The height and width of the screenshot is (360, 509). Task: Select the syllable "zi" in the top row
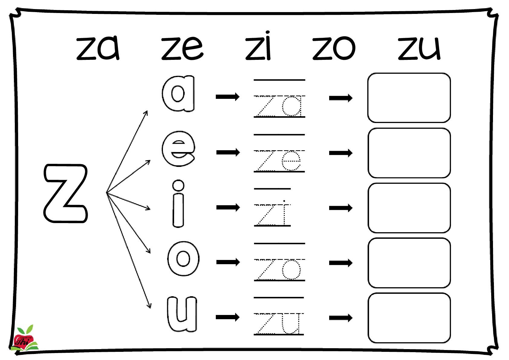(x=258, y=46)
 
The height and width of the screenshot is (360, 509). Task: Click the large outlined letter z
(x=66, y=193)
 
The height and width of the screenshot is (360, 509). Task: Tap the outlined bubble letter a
(x=178, y=94)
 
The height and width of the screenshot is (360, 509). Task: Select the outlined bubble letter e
(x=178, y=149)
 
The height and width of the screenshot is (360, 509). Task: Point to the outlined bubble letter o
(x=183, y=258)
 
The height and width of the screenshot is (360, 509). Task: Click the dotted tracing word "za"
(x=279, y=106)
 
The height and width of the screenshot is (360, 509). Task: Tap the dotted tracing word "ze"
(x=279, y=161)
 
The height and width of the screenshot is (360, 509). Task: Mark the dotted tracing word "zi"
(x=272, y=215)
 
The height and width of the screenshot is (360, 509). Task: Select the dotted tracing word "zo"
(x=279, y=269)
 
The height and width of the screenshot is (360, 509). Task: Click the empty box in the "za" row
(x=409, y=98)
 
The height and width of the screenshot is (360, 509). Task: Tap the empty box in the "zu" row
(x=409, y=318)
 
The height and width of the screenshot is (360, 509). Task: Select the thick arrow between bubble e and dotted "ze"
(x=228, y=152)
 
